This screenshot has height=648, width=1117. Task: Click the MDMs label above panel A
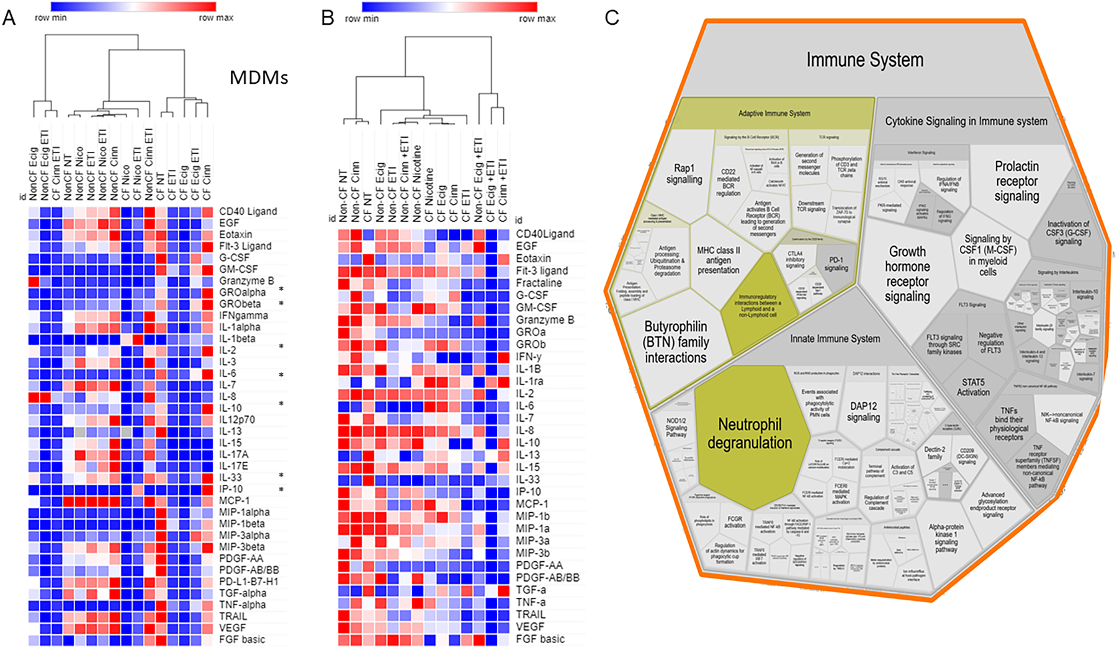pyautogui.click(x=259, y=78)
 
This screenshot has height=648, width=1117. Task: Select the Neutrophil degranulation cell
pyautogui.click(x=750, y=433)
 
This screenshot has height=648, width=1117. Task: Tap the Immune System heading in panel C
pyautogui.click(x=864, y=60)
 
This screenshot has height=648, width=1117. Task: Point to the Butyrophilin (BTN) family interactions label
pyautogui.click(x=675, y=342)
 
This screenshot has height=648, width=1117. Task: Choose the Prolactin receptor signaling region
pyautogui.click(x=1016, y=181)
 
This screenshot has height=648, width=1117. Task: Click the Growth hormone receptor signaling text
pyautogui.click(x=907, y=273)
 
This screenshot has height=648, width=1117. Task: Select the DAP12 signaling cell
pyautogui.click(x=863, y=411)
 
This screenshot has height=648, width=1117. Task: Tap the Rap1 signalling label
pyautogui.click(x=684, y=174)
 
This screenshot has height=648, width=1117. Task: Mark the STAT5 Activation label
pyautogui.click(x=973, y=387)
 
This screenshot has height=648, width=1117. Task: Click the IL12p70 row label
pyautogui.click(x=236, y=420)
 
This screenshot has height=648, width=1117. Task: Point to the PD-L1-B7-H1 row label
pyautogui.click(x=248, y=582)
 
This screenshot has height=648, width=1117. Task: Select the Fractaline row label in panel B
pyautogui.click(x=539, y=283)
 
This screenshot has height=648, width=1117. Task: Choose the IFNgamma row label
pyautogui.click(x=243, y=316)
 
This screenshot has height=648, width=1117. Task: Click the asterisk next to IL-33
pyautogui.click(x=281, y=476)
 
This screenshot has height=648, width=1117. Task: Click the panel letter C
pyautogui.click(x=611, y=17)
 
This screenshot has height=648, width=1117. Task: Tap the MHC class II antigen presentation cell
pyautogui.click(x=718, y=260)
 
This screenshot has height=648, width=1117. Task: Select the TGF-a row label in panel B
pyautogui.click(x=531, y=590)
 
